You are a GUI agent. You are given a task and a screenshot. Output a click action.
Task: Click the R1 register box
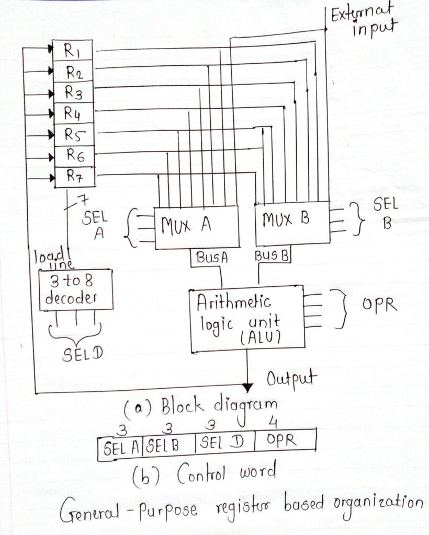coord(74,51)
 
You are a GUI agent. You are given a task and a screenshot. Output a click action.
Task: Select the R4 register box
coord(74,113)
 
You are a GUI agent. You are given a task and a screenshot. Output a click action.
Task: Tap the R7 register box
coord(74,177)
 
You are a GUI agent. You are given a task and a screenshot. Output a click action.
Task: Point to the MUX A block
coord(196,227)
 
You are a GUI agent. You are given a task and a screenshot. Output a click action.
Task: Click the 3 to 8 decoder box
coord(75,290)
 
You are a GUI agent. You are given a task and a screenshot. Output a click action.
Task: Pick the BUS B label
coord(272,256)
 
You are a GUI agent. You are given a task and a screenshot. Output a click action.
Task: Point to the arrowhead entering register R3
coord(52,93)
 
